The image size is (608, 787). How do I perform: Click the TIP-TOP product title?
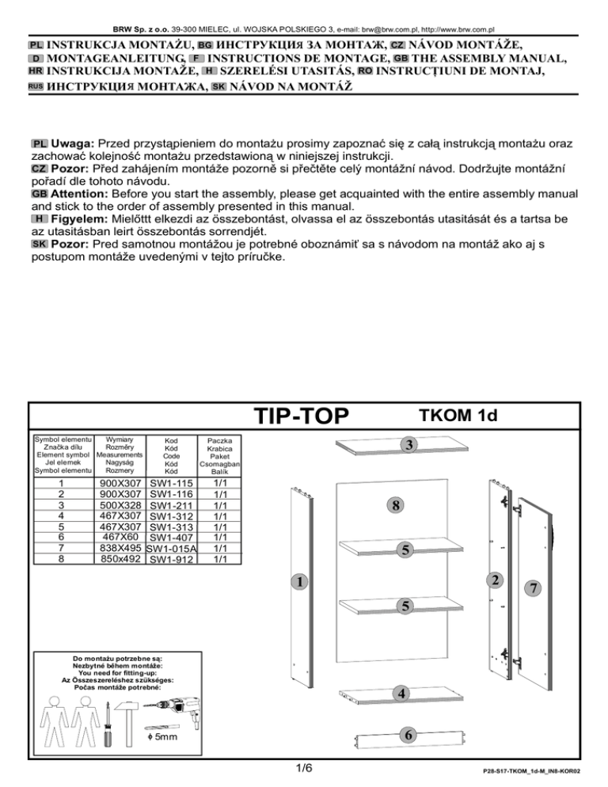tap(302, 416)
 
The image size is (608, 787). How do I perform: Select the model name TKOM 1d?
tap(458, 416)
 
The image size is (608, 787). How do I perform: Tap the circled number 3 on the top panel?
tap(409, 444)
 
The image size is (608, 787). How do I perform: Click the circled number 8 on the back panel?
tap(396, 505)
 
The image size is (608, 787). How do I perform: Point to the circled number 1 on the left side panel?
tap(300, 582)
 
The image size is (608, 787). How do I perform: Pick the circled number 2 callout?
tap(495, 580)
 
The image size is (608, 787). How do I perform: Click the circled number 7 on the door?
tap(534, 587)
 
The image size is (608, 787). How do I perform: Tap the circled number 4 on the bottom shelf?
tap(401, 694)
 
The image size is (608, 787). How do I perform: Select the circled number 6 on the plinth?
tap(408, 736)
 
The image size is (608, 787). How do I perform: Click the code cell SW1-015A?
tap(171, 549)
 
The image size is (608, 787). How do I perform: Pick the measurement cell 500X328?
tap(120, 505)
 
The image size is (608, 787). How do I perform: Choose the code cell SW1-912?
tap(171, 559)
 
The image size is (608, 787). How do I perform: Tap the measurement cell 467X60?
tap(120, 537)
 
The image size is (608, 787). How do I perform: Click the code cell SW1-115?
tap(171, 483)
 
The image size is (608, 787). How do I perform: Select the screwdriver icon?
tap(108, 724)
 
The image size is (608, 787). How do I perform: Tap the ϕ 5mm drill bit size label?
tap(162, 737)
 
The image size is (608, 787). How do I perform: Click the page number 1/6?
tap(304, 768)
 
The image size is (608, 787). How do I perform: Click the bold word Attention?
tap(79, 194)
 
